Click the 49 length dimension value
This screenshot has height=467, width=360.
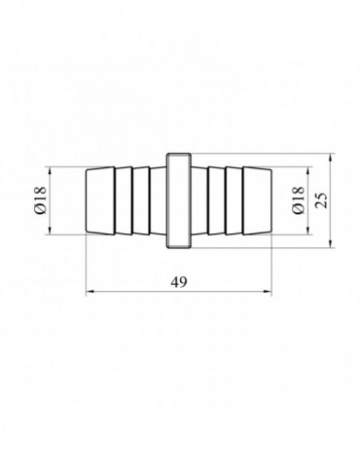point(179,282)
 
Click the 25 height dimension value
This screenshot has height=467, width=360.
point(322,200)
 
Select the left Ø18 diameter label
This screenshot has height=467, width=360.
point(42,200)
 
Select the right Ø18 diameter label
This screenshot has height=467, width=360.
point(299,200)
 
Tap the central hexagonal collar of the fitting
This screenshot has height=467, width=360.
point(179,200)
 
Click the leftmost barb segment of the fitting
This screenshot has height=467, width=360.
point(100,200)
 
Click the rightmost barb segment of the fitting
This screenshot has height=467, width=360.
point(257,200)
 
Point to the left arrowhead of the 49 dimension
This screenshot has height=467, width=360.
point(89,291)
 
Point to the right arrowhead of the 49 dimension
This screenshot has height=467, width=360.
point(269,291)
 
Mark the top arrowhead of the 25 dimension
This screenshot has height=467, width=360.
point(330,157)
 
